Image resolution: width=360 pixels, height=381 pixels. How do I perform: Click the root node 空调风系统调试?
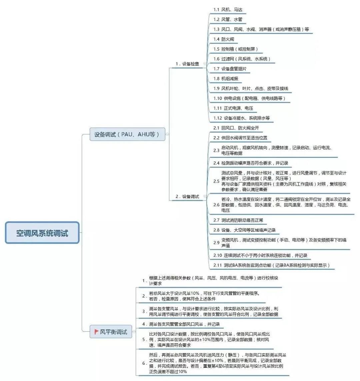[x=42, y=233]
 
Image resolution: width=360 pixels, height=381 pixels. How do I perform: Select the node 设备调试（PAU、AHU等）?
[x=127, y=135]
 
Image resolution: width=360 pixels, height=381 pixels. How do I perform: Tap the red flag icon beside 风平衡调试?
[x=96, y=332]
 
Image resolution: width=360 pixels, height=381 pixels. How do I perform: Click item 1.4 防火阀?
[x=224, y=39]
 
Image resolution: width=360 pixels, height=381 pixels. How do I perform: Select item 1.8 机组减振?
[x=226, y=79]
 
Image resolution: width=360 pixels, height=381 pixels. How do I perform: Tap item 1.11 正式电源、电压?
[x=233, y=108]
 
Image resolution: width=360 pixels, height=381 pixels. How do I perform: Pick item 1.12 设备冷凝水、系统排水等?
[x=241, y=118]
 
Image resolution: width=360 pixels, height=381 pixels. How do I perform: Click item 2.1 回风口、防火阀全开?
[x=236, y=128]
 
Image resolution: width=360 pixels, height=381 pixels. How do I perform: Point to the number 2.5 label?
[x=216, y=181]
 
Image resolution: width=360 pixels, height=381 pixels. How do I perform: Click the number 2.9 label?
[x=216, y=242]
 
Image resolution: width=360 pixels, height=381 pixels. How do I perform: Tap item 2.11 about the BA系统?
[x=271, y=265]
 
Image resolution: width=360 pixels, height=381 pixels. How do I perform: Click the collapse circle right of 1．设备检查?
[x=205, y=64]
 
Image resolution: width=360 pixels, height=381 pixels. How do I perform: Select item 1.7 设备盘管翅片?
[x=230, y=69]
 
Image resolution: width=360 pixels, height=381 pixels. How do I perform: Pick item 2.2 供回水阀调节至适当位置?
[x=240, y=138]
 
